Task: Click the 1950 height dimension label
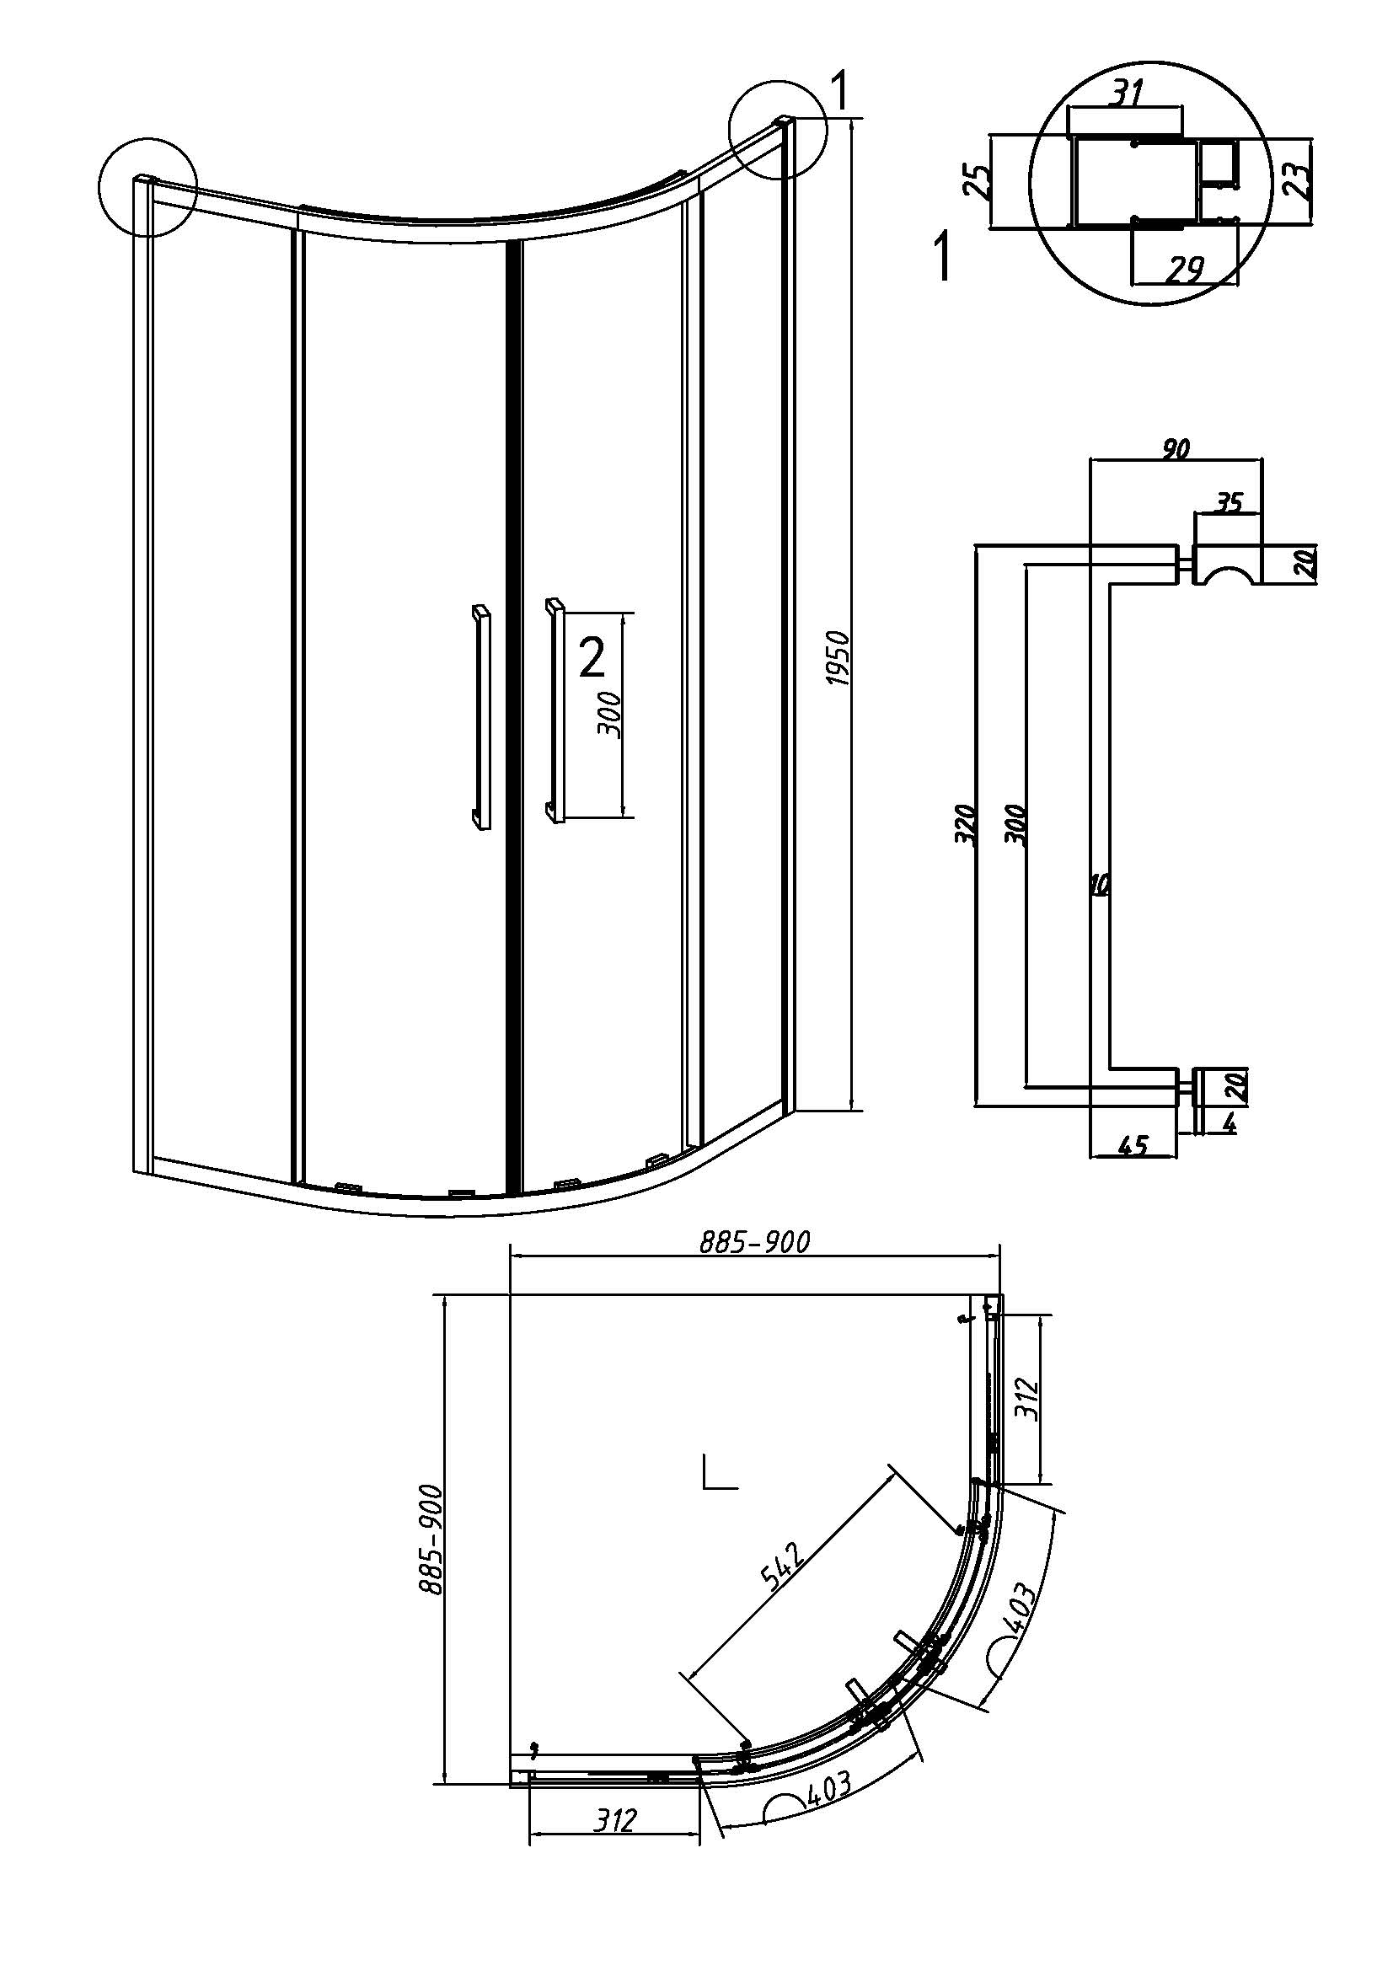tap(839, 658)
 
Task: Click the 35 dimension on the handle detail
tap(1230, 502)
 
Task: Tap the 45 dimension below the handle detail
tap(1133, 1146)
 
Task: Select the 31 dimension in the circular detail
tap(1126, 93)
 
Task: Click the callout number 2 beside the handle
tap(592, 658)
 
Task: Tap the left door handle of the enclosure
tap(480, 717)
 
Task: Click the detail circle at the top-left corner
tap(147, 186)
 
